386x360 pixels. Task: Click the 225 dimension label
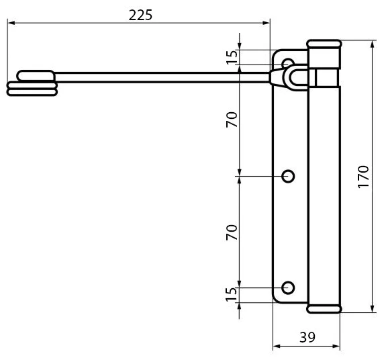pyautogui.click(x=140, y=15)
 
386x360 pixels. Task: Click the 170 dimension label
pyautogui.click(x=363, y=177)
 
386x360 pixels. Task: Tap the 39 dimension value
pyautogui.click(x=307, y=337)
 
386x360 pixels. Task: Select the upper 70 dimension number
pyautogui.click(x=232, y=120)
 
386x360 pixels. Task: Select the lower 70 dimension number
pyautogui.click(x=232, y=232)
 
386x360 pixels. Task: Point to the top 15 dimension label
pyautogui.click(x=232, y=57)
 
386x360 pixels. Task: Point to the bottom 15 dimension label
pyautogui.click(x=231, y=294)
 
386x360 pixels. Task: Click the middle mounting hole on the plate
pyautogui.click(x=288, y=176)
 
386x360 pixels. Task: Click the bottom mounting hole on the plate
pyautogui.click(x=288, y=287)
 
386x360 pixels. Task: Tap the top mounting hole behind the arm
pyautogui.click(x=288, y=62)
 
